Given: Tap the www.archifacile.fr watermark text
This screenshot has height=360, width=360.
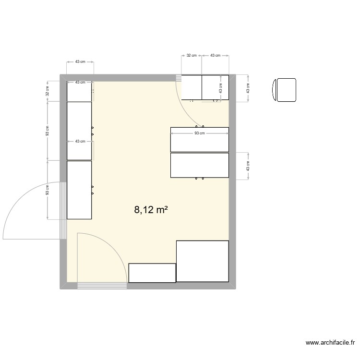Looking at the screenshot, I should click(330, 343).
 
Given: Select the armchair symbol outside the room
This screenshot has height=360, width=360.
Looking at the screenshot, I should click(284, 90).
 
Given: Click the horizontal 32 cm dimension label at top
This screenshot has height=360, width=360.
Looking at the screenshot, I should click(191, 56).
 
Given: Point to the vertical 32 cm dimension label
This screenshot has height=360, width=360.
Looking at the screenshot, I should click(47, 91).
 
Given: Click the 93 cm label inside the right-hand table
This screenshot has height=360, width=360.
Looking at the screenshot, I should click(199, 133).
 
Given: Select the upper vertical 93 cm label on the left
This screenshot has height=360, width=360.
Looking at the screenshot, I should click(47, 131).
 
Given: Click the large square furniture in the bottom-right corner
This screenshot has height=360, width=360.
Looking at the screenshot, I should click(202, 261).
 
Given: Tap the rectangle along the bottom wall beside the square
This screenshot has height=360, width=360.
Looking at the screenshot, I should click(152, 273).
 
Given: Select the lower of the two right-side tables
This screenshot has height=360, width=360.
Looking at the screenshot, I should click(199, 165).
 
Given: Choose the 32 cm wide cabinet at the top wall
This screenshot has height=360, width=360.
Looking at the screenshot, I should click(192, 87).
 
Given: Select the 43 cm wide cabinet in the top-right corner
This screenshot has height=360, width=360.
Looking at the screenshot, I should click(215, 87).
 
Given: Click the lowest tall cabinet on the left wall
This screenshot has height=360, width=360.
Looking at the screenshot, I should click(79, 190).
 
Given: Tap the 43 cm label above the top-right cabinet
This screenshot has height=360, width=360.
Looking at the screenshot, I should click(215, 56).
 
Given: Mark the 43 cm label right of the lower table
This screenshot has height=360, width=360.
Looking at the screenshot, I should click(248, 166).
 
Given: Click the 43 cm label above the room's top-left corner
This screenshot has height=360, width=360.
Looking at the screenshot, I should click(80, 62).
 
